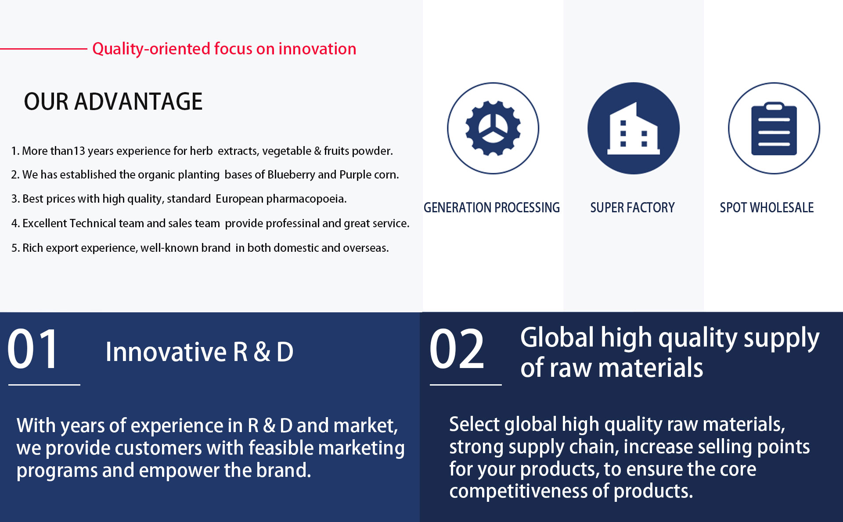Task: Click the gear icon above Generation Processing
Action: [x=493, y=128]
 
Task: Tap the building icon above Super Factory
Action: [x=634, y=128]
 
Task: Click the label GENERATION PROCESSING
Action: [x=492, y=207]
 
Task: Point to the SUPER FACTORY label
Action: [x=632, y=207]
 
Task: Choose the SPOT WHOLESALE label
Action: [x=767, y=207]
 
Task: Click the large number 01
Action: [x=33, y=349]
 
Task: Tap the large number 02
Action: [x=457, y=349]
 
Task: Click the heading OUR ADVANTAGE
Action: [x=113, y=101]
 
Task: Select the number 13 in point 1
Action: [x=79, y=151]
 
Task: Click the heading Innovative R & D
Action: [x=199, y=352]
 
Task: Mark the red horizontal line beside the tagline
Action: [x=43, y=49]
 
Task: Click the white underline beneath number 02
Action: [x=465, y=385]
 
